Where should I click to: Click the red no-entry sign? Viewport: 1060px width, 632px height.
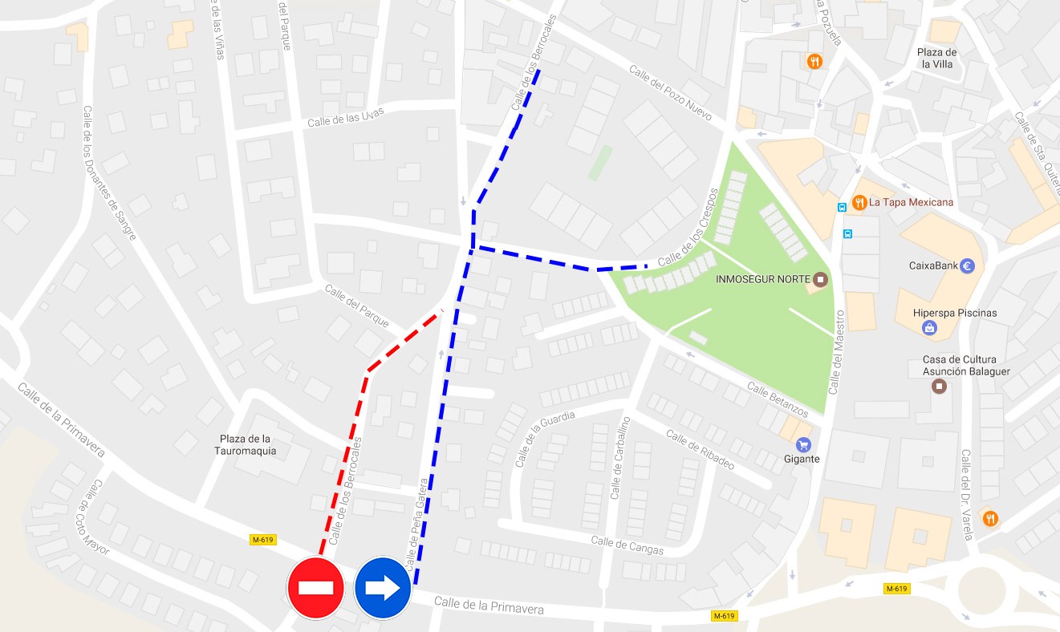(315, 589)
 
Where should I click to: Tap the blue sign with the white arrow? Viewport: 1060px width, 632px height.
(383, 589)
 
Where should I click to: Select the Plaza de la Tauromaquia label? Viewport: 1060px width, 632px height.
(248, 444)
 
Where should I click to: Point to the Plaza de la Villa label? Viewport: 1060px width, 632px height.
(937, 58)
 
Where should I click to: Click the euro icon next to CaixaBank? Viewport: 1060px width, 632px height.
(967, 266)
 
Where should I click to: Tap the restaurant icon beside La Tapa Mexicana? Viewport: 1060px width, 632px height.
(859, 202)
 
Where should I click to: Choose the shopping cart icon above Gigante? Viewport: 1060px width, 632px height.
(802, 444)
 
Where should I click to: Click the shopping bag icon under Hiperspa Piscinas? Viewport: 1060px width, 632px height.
(929, 327)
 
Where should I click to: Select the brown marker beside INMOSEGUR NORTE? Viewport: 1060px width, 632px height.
(820, 279)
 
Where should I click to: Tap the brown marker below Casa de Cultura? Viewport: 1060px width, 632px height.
(939, 387)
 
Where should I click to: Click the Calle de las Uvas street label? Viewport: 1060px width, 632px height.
(346, 117)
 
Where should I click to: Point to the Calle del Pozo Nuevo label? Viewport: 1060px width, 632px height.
(671, 93)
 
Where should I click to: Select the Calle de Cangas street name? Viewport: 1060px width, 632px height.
(627, 545)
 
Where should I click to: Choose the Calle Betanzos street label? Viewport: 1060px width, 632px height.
(778, 399)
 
